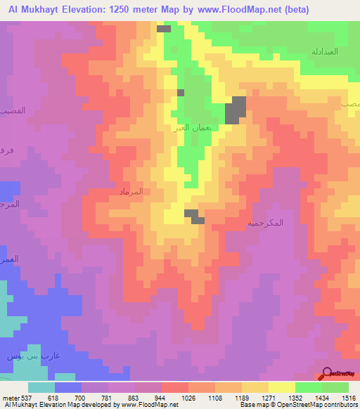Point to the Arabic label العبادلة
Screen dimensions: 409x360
tap(326, 52)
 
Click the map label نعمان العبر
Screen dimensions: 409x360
tap(190, 129)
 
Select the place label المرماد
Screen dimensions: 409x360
tap(133, 191)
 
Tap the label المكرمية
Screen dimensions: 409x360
tap(266, 223)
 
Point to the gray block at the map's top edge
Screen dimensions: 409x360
tap(164, 29)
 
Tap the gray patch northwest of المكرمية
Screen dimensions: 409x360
tap(194, 216)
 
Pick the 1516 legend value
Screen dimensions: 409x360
tap(349, 397)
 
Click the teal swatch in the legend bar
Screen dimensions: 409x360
tap(41, 387)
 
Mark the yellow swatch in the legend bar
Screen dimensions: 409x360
tap(282, 387)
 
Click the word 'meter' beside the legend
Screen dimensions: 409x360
tap(10, 397)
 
